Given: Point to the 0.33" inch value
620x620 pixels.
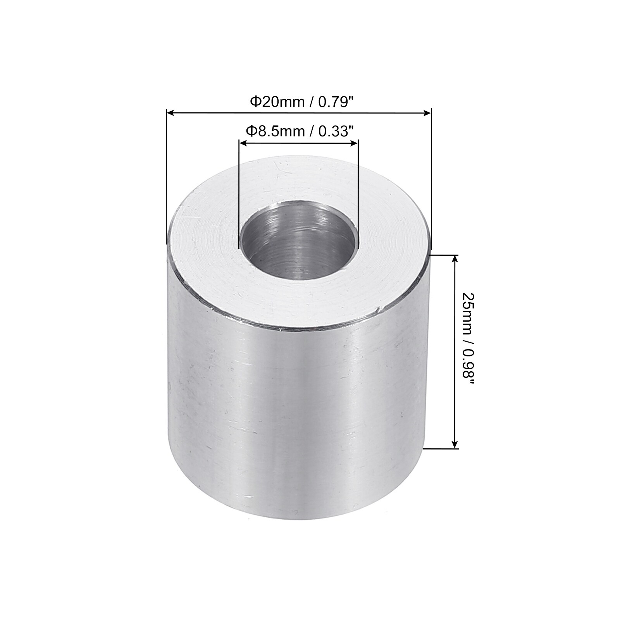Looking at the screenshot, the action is coord(336,132).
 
